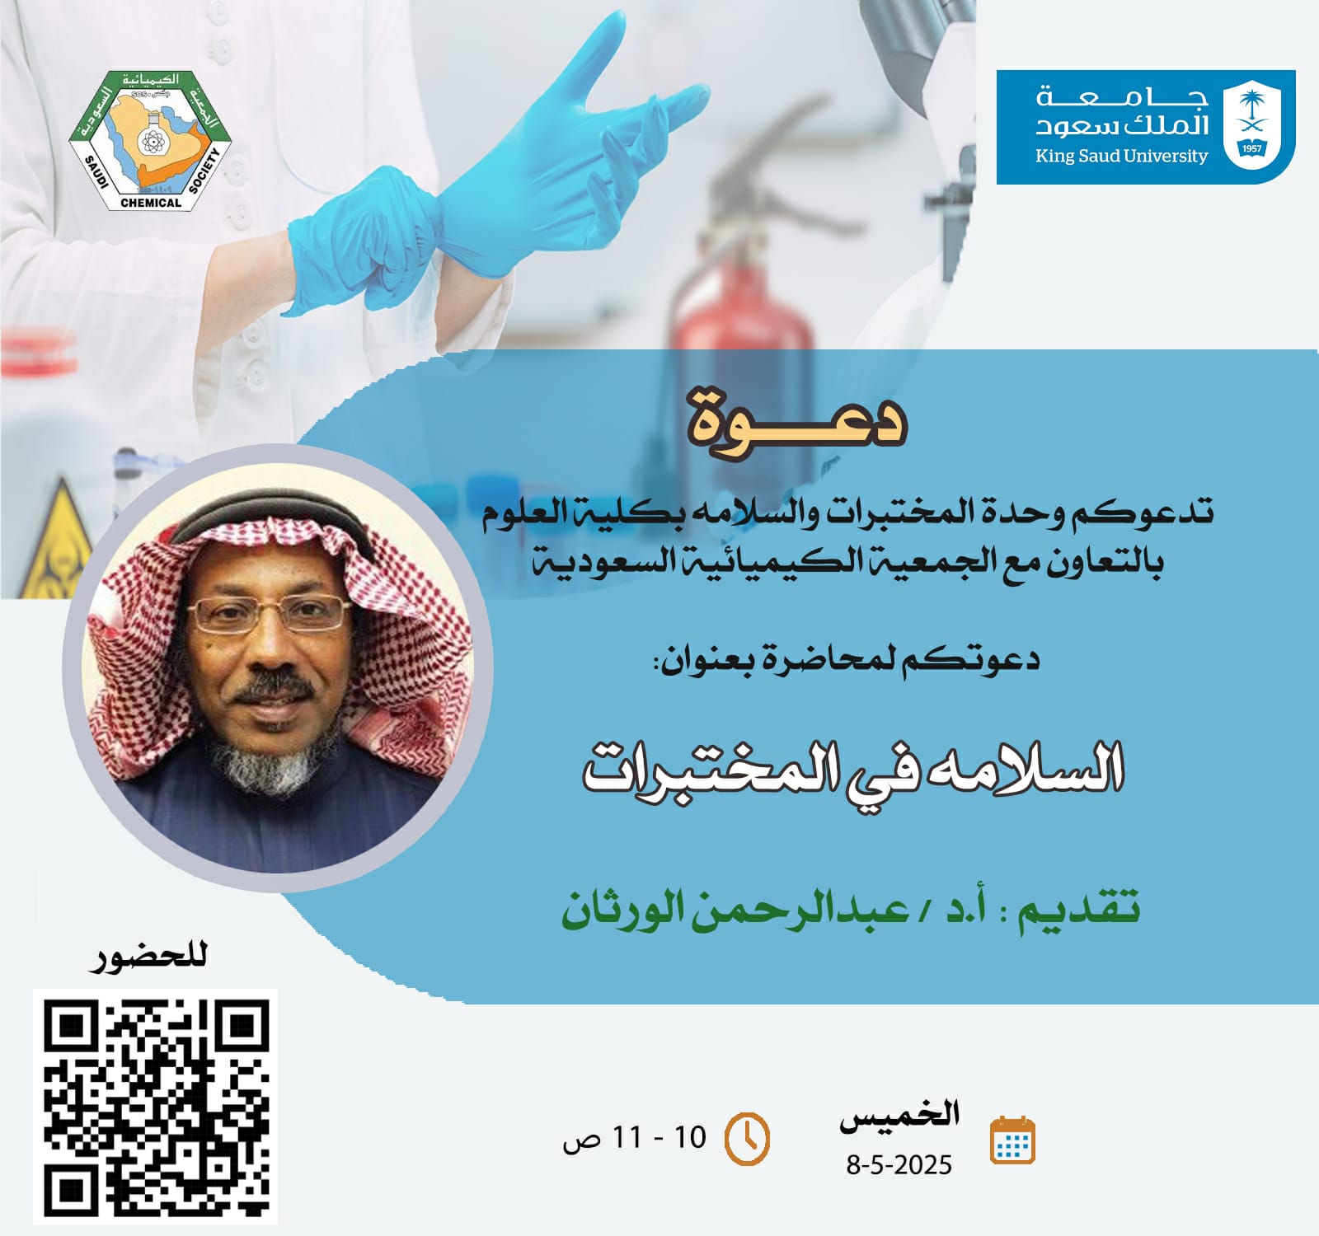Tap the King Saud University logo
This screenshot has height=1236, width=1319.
1146,127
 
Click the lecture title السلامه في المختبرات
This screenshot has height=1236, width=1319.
853,768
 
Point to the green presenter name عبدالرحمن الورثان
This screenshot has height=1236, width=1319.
735,908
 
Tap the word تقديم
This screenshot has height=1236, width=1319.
1080,910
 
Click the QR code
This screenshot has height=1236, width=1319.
155,1107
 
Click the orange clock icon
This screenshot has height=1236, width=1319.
746,1140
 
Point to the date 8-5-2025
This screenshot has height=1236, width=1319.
899,1164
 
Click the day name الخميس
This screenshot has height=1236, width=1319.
899,1117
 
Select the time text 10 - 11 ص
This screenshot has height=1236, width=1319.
635,1139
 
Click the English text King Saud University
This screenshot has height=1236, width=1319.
1121,156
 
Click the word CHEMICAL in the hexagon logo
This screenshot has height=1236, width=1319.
151,203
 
